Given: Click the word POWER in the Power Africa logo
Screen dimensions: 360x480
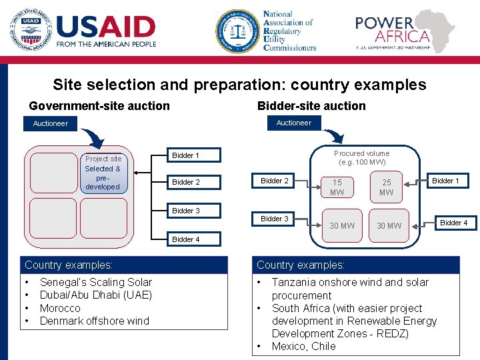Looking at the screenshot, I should tap(384, 23).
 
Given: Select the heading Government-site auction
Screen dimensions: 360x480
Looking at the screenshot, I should tap(99, 105).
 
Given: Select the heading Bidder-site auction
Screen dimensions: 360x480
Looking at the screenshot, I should tap(311, 105).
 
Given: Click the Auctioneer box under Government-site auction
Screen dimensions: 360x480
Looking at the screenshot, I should tap(51, 123).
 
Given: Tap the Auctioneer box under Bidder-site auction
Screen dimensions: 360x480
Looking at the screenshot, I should tap(293, 123).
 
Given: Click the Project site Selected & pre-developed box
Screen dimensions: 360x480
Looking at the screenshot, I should tap(103, 173).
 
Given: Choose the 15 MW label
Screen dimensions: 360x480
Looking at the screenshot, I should tap(337, 187).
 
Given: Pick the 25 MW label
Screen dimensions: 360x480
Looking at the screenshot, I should tap(387, 187).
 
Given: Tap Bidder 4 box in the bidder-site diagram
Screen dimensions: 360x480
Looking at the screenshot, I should tap(453, 223).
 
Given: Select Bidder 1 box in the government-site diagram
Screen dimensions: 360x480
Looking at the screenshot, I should tap(193, 155).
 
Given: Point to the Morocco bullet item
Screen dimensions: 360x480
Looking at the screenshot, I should tap(60, 308).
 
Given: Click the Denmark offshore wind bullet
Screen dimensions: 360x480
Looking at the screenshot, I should tap(94, 321).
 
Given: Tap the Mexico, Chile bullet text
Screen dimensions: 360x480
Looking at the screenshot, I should tap(303, 346).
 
